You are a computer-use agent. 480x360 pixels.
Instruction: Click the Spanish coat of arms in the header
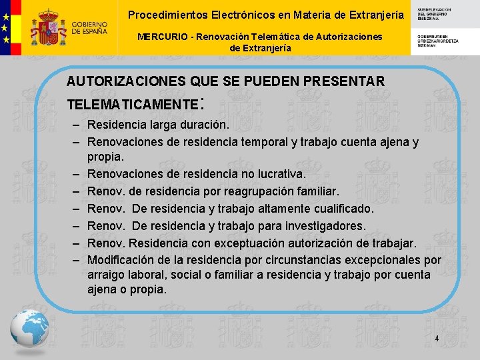pyautogui.click(x=49, y=27)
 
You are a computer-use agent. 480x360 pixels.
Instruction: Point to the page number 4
pyautogui.click(x=437, y=339)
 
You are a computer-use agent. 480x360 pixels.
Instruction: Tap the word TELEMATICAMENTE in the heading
pyautogui.click(x=133, y=105)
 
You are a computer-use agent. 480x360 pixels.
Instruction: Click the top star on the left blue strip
pyautogui.click(x=6, y=14)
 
